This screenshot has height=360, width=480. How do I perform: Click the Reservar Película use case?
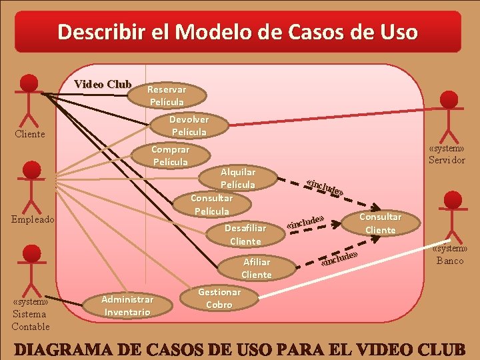click(x=167, y=95)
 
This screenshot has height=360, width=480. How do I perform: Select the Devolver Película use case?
click(x=189, y=126)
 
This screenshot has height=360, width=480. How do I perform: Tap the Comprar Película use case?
click(x=170, y=156)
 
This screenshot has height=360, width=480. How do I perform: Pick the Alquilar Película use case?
click(x=237, y=178)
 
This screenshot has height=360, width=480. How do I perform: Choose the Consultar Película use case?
click(x=211, y=205)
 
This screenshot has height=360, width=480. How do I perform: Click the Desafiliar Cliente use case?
click(x=245, y=234)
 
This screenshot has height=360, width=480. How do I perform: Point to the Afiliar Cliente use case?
click(x=257, y=268)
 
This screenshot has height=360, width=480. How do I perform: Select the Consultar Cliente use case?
click(x=381, y=223)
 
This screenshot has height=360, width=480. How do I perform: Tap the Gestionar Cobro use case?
click(x=219, y=298)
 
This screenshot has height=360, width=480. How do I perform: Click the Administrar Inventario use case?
click(x=127, y=305)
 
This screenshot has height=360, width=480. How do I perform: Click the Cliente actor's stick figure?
click(x=29, y=100)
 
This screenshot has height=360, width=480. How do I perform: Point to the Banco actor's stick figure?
click(x=453, y=217)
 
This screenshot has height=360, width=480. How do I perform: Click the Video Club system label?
click(x=103, y=84)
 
